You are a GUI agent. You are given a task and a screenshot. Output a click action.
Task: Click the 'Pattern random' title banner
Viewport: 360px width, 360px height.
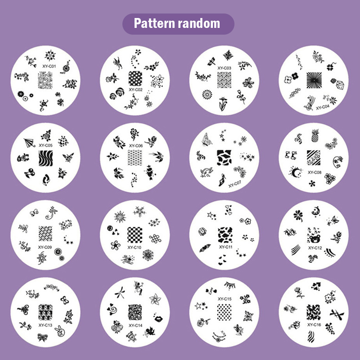[x=178, y=24]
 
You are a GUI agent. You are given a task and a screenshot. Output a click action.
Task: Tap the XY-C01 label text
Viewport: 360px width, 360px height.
[x=49, y=66]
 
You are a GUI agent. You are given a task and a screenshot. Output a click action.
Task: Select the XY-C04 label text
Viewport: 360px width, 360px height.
[x=323, y=107]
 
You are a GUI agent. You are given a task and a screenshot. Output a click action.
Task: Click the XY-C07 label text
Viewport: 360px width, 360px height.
[x=234, y=184]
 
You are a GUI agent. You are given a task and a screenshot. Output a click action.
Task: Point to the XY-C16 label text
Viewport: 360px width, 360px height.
[x=314, y=324]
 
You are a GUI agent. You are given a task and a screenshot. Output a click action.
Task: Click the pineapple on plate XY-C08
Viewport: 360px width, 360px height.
[x=315, y=135]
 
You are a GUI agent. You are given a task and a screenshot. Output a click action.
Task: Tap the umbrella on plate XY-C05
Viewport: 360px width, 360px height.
[x=29, y=142]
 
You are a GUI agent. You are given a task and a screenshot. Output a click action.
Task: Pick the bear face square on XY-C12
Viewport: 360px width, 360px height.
[x=314, y=235]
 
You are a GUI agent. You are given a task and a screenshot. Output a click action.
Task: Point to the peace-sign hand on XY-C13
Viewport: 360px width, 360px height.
[x=60, y=331]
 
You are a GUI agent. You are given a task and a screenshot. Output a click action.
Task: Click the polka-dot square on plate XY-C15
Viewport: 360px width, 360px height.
[x=224, y=312]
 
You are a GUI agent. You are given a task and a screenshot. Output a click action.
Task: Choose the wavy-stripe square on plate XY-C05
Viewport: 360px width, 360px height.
[x=46, y=158]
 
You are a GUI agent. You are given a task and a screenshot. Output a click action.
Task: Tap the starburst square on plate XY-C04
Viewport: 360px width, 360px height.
[x=314, y=80]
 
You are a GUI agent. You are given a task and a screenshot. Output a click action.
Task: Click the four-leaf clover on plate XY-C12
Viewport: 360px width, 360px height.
[x=298, y=216]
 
